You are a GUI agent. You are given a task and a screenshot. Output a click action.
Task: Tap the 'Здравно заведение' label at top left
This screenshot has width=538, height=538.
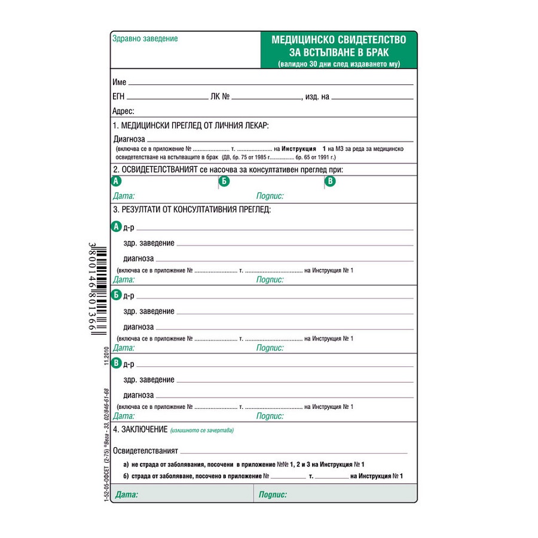tap(145, 39)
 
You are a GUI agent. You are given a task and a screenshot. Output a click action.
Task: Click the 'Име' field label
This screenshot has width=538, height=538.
tap(120, 81)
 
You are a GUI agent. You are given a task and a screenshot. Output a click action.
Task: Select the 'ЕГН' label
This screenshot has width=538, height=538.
tap(118, 96)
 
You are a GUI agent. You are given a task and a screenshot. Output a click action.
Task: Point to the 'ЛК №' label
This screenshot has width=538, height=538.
tap(220, 96)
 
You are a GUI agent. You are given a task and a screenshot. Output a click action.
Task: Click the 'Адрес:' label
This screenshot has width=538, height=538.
tap(124, 111)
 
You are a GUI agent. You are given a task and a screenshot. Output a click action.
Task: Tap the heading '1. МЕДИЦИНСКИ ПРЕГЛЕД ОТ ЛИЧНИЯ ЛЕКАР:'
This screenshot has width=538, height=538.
tap(191, 126)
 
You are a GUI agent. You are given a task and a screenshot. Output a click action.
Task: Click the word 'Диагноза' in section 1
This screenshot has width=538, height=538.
tap(129, 139)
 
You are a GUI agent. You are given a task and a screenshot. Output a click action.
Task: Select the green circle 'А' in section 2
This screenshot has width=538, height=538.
tap(117, 181)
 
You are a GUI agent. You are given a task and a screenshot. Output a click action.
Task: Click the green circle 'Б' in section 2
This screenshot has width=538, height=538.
tap(224, 181)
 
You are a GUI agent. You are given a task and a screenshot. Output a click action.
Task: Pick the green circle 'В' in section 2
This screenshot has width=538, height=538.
tap(330, 181)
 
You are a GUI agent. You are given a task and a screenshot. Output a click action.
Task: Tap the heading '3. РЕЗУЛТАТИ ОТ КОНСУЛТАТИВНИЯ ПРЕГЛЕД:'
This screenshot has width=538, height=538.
tap(192, 210)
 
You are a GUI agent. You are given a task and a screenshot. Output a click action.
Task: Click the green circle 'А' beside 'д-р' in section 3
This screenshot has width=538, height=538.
tap(117, 227)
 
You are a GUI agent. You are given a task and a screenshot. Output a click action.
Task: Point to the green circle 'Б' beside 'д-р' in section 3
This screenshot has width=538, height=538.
tap(117, 295)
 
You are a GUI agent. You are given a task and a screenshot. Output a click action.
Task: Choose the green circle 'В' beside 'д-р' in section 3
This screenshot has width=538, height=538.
tap(117, 363)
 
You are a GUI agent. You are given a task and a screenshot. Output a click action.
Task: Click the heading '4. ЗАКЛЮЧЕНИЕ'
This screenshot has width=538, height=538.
tap(140, 429)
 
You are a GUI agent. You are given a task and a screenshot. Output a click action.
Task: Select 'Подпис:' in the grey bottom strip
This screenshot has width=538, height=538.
tap(273, 494)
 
